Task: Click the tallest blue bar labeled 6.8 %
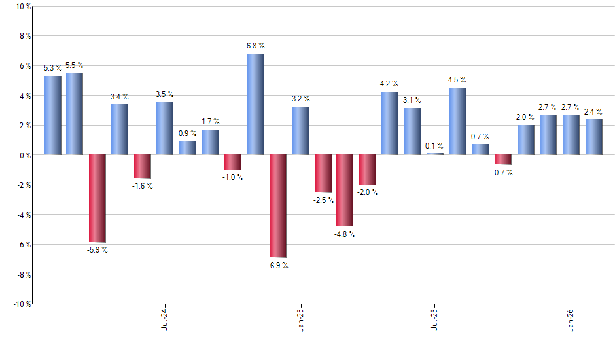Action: point(256,104)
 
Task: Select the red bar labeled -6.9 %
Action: point(278,206)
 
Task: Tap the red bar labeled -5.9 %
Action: point(97,198)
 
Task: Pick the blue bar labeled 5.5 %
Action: point(75,114)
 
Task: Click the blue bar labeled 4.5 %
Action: point(458,121)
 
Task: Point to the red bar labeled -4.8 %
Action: point(345,190)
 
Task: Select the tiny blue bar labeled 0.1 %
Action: point(435,154)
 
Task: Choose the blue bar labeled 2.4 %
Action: point(593,137)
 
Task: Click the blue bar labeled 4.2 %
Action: point(390,123)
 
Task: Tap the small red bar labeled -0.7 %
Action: point(503,160)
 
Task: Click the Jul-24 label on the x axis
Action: point(164,318)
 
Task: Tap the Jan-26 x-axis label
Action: point(571,318)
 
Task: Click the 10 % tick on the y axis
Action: point(22,7)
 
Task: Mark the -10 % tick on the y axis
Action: point(20,304)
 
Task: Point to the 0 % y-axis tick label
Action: point(24,155)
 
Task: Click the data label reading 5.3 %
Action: point(53,68)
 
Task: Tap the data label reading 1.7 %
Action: point(211,122)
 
